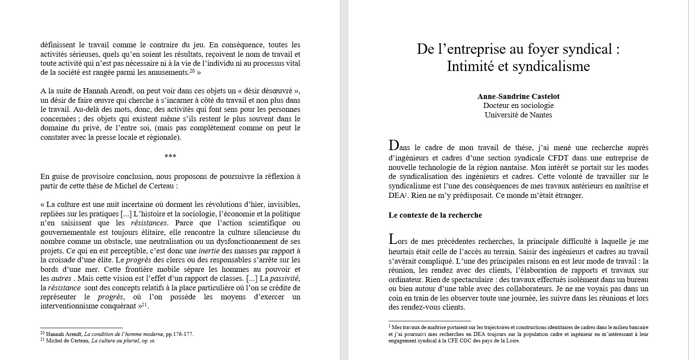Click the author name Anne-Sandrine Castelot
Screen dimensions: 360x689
[518, 96]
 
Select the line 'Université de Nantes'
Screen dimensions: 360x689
[518, 115]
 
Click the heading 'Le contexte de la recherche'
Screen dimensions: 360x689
[435, 215]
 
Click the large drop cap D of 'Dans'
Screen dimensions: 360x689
[393, 146]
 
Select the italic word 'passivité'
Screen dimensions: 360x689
[284, 279]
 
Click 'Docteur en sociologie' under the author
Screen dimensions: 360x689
[518, 105]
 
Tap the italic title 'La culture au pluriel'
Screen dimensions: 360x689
[115, 341]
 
